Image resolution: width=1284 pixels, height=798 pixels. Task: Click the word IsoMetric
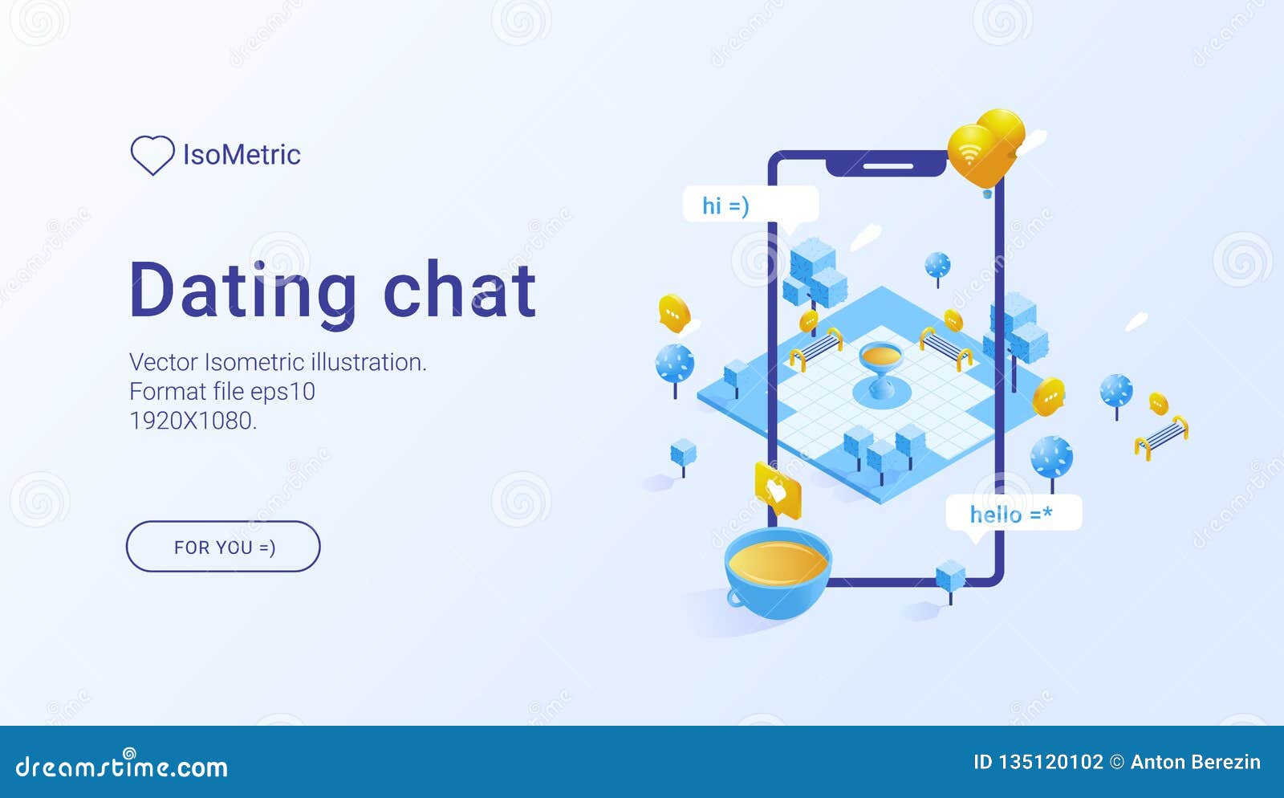[x=242, y=155]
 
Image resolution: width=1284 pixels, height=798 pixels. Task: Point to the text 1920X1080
[x=193, y=421]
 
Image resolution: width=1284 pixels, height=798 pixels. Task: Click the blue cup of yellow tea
[x=778, y=573]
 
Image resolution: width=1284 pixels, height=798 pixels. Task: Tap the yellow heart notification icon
[x=778, y=491]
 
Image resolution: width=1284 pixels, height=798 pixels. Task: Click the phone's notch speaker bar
[x=888, y=166]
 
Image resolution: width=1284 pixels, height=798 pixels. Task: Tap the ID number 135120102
[x=1051, y=762]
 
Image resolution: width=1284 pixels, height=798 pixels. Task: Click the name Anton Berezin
[x=1196, y=762]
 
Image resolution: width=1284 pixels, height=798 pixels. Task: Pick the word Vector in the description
[x=164, y=362]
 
